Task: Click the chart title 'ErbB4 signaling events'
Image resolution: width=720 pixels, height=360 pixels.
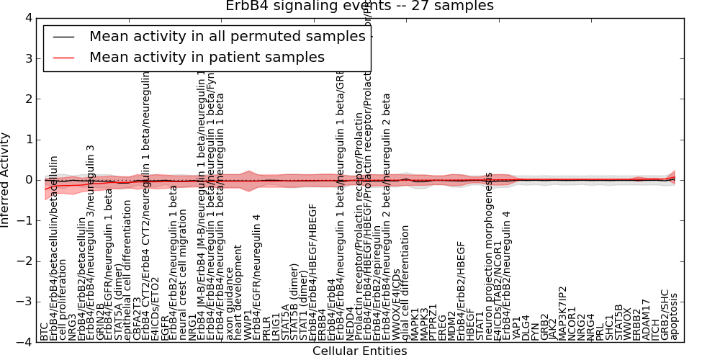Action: tap(360, 6)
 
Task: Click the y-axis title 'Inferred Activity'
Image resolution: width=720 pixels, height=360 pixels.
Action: tap(6, 179)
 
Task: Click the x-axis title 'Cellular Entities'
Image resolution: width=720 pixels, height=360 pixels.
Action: tap(359, 351)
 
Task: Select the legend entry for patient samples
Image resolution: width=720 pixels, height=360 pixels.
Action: tap(207, 57)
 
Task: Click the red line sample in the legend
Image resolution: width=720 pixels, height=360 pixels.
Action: tap(63, 57)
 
